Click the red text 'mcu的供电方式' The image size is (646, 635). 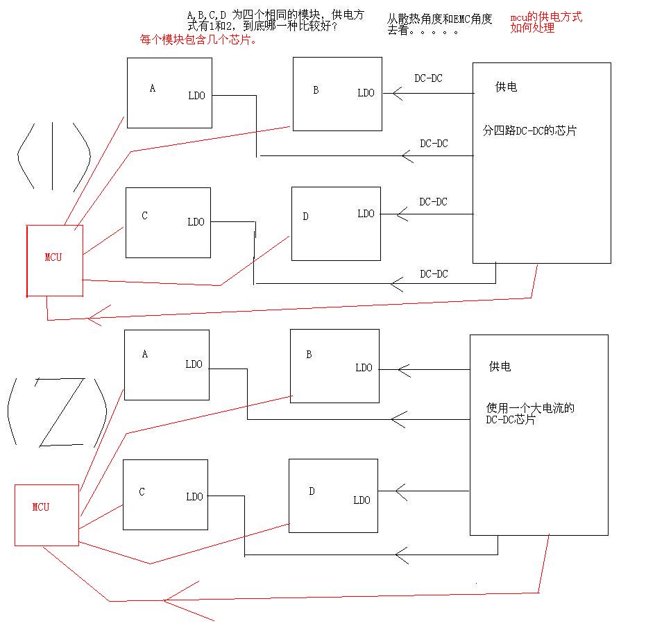546,17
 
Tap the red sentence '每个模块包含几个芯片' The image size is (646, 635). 199,40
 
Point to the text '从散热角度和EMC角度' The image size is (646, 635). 440,19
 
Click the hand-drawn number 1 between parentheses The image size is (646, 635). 53,156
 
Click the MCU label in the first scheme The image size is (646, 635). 53,257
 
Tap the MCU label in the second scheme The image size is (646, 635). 41,507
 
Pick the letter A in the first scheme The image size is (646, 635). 153,89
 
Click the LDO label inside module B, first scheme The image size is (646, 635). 366,93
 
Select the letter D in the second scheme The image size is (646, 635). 312,491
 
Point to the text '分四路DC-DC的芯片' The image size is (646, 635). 529,130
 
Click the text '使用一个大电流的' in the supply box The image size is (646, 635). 531,408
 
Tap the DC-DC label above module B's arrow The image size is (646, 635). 428,78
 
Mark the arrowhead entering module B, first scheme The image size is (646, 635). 397,93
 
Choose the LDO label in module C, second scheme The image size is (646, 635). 194,497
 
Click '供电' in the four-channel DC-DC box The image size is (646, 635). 506,87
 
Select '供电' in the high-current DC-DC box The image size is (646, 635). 500,366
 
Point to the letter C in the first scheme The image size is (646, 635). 144,216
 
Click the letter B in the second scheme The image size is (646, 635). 309,355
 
